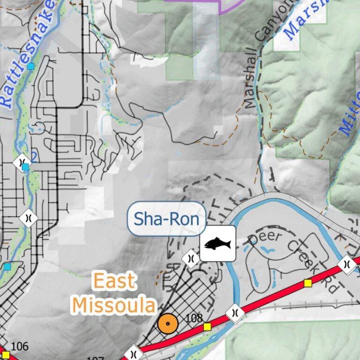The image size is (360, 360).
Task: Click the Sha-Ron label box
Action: point(167,219)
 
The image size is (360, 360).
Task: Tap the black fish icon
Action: point(218,243)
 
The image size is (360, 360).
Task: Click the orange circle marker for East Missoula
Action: point(167,323)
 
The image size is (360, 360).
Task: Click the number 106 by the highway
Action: point(20,346)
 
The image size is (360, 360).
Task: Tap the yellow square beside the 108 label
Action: point(207,326)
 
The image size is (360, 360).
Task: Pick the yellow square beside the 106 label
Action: point(6,354)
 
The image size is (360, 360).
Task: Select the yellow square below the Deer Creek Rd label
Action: point(308,283)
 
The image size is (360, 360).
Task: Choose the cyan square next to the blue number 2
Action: point(25,166)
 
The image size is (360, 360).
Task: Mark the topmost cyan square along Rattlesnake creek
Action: point(31,67)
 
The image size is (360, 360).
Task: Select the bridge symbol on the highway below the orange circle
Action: point(134,352)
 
